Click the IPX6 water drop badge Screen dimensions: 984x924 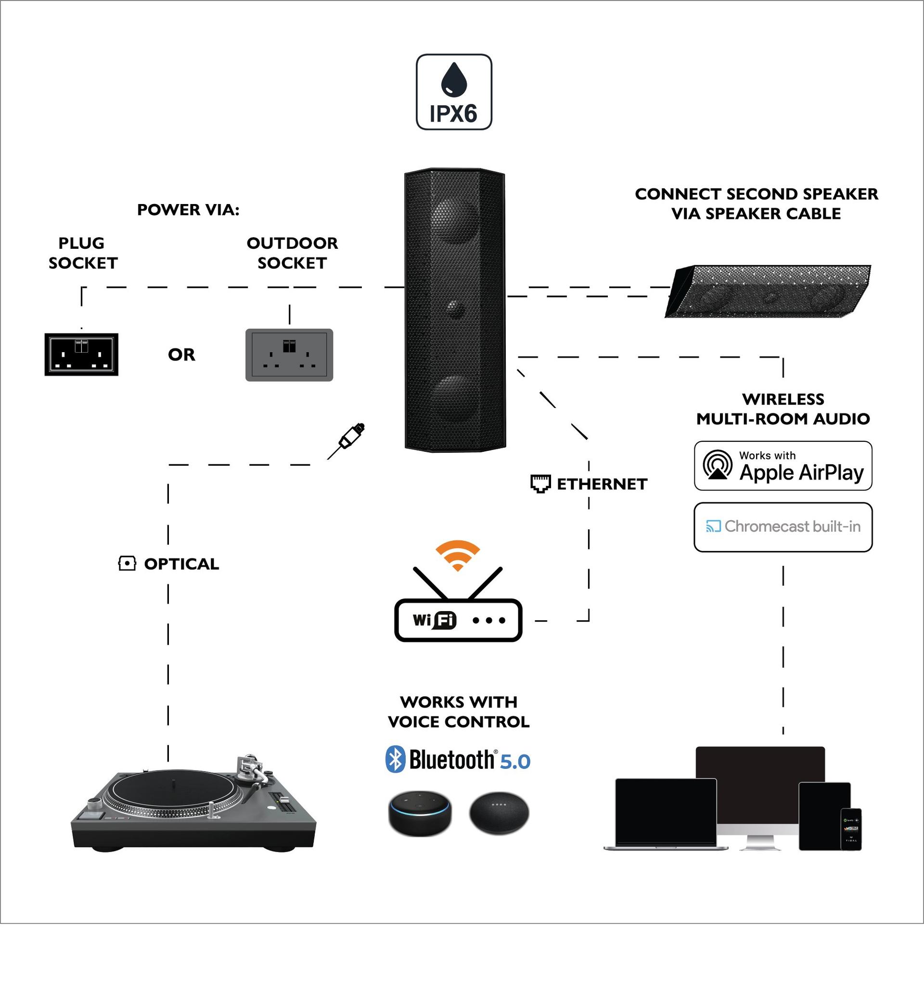pos(454,92)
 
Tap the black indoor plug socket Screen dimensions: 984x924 pos(81,355)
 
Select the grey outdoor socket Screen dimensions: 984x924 pos(289,355)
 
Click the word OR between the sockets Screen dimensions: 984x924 pos(181,355)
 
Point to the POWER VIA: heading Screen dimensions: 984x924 pos(188,210)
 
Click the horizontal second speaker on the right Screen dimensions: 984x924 pos(768,292)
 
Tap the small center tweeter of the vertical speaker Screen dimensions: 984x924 pos(454,308)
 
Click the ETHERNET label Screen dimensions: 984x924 pos(601,484)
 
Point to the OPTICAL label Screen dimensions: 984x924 pos(181,564)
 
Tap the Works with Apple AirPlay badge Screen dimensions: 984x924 pos(783,466)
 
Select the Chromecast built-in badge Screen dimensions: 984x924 pos(783,527)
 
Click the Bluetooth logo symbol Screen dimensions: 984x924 pos(395,759)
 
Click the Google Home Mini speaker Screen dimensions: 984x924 pos(499,813)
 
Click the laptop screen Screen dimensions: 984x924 pos(666,812)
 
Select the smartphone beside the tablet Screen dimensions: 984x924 pos(851,829)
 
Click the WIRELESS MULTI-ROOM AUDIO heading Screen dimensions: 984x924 pos(783,409)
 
